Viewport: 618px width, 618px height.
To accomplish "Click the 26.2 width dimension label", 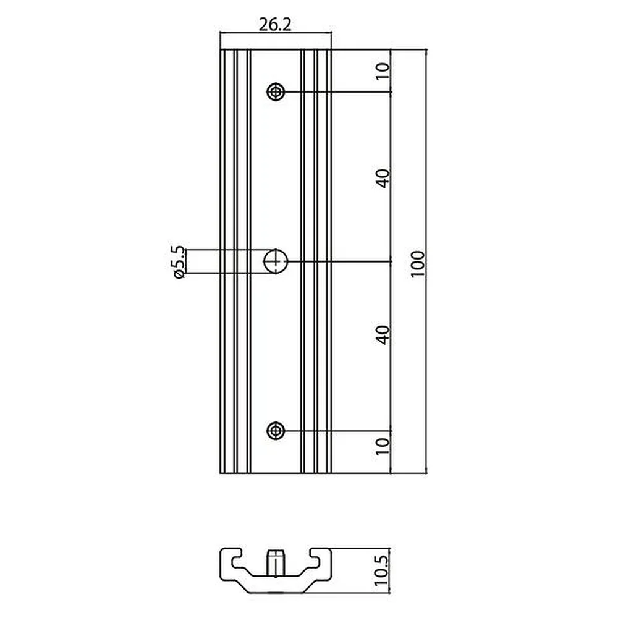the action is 275,25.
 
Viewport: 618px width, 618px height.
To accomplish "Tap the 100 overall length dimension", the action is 418,263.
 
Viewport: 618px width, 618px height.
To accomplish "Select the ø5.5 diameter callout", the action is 178,262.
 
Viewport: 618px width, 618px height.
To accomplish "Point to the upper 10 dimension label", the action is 382,71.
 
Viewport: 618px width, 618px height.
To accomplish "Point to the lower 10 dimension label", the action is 382,446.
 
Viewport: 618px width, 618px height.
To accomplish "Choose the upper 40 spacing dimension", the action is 383,178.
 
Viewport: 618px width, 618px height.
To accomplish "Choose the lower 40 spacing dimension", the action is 383,335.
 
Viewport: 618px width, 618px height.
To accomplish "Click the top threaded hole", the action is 276,92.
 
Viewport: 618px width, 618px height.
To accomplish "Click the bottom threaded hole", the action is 276,430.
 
